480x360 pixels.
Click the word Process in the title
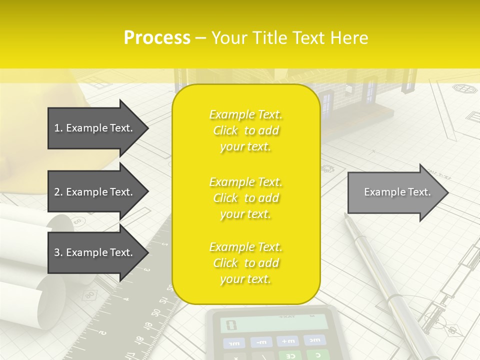coord(157,37)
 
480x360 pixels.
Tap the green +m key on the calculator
coord(287,341)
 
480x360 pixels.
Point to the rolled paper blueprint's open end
coord(60,222)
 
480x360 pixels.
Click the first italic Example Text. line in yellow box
coord(245,115)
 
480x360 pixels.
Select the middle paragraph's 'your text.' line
coord(245,214)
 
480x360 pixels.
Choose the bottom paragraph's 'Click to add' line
coord(245,263)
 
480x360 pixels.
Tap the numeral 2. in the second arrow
coord(58,192)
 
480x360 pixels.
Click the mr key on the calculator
coord(233,343)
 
